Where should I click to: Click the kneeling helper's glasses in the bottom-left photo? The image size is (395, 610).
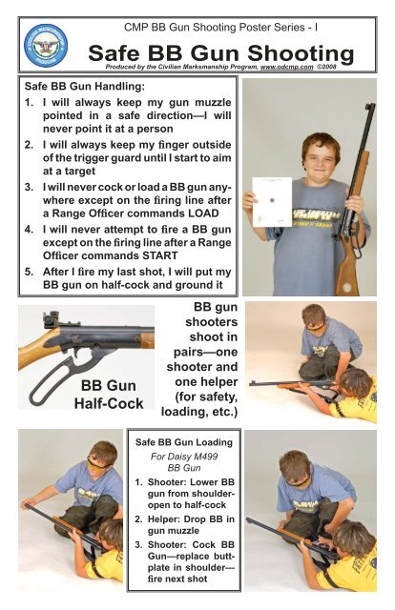coord(94,464)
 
